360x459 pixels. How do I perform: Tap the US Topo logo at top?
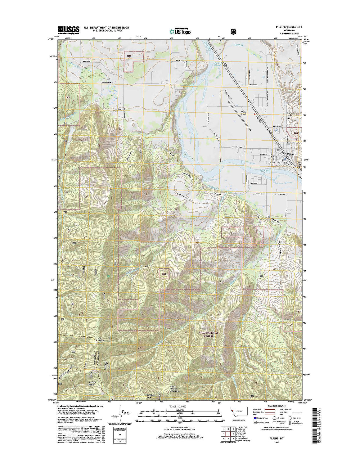180,31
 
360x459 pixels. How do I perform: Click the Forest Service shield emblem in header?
233,31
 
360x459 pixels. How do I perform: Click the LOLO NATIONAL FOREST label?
208,334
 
